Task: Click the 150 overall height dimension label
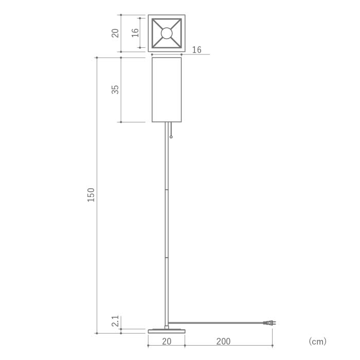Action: [91, 195]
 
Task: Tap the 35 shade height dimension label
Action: [115, 89]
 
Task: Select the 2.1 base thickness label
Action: [115, 321]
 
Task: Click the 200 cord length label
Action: [223, 341]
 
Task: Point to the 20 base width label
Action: [167, 341]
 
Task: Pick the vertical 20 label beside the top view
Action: [115, 33]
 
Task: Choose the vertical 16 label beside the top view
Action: [135, 33]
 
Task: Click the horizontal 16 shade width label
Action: [197, 50]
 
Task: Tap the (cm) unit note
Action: [317, 341]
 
